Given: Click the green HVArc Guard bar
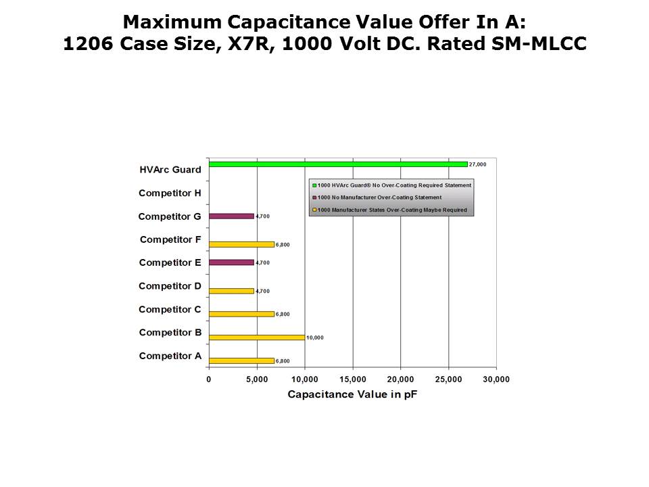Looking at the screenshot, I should [338, 164].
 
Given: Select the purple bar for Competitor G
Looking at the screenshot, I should [231, 216].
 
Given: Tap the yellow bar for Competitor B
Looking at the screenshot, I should [257, 337].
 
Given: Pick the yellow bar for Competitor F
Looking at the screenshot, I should [241, 244].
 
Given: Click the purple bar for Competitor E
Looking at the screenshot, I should [231, 262].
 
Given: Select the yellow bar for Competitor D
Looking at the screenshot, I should [231, 291].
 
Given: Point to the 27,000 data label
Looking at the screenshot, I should [477, 164].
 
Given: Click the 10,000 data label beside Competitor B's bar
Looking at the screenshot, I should [315, 338].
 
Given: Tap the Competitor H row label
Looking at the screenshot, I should [170, 193].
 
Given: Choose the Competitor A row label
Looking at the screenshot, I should [170, 356].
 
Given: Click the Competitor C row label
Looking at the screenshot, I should [170, 309].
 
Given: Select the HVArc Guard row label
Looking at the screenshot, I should [170, 170].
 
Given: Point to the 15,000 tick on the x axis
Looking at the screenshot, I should [353, 379].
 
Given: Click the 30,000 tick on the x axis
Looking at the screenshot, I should [496, 379].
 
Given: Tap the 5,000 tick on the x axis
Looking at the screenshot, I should [257, 379].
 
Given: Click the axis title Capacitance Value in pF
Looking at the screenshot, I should [352, 394].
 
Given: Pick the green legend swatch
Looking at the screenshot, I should [314, 185].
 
